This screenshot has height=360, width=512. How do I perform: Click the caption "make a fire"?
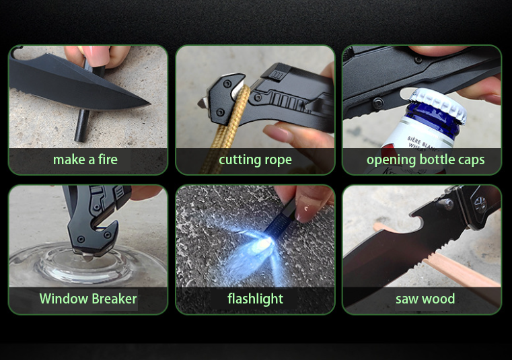coord(85,159)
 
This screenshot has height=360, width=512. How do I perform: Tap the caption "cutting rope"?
coord(256,160)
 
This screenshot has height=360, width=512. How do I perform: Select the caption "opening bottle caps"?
coord(425,160)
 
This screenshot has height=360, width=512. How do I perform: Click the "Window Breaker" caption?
coord(88,299)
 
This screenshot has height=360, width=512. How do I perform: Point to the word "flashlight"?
coord(256,299)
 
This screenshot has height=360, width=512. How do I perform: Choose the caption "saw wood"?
coord(425,299)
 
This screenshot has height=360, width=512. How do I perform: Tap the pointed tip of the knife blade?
coord(149,104)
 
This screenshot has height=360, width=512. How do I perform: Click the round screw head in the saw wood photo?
coord(445,205)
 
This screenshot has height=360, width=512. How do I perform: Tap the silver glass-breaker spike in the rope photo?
coord(202,103)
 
